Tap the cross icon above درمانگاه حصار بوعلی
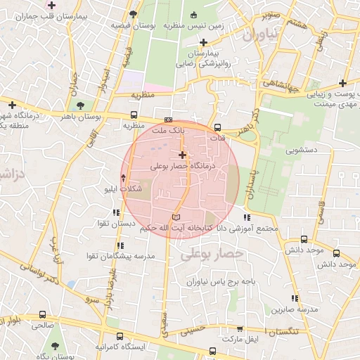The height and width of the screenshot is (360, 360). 183,155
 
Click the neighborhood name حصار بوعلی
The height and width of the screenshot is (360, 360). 212,254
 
